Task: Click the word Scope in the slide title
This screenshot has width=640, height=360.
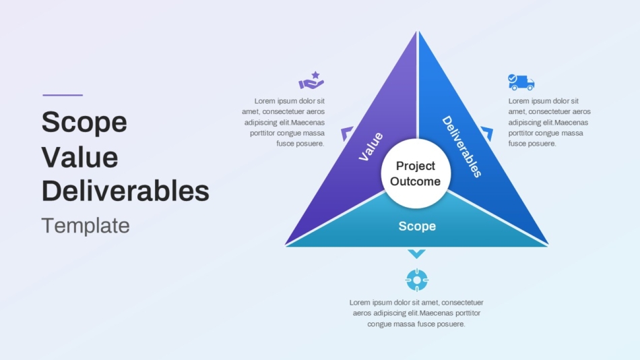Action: tap(84, 122)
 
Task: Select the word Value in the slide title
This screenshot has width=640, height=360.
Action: tap(80, 157)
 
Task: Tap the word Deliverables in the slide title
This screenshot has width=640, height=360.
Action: tap(125, 191)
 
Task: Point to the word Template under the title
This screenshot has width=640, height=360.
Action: tap(86, 226)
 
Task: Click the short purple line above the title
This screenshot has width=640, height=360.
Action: tap(63, 95)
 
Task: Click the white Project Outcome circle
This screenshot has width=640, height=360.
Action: tap(416, 174)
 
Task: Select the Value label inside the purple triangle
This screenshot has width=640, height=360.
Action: tap(371, 146)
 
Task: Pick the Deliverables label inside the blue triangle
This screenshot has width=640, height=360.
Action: tap(461, 147)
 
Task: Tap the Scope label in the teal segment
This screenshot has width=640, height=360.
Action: tap(417, 226)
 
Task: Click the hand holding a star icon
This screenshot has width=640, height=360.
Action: tap(311, 80)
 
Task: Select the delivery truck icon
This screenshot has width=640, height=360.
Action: tap(521, 82)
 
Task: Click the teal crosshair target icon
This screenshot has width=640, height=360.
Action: tap(417, 280)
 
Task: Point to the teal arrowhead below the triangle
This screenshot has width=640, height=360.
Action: tap(417, 253)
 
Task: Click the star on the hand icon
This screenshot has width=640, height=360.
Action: tap(315, 75)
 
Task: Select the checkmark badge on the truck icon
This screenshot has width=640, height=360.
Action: tap(512, 78)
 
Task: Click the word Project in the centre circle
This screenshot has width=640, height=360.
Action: tap(416, 167)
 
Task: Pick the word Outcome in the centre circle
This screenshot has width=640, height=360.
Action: tap(416, 181)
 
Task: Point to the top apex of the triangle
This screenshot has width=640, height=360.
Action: tap(418, 31)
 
